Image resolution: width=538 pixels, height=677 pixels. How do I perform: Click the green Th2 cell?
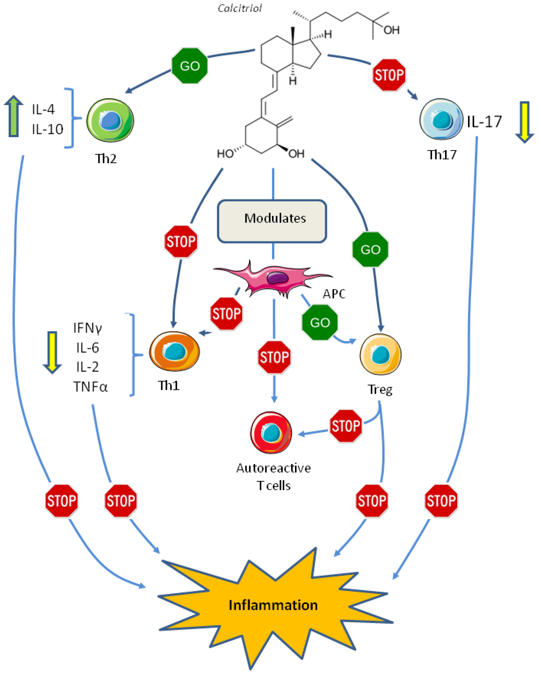pos(110,120)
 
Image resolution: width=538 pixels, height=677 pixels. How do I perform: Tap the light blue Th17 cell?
pos(441,119)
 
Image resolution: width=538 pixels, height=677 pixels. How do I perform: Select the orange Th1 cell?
pos(174,351)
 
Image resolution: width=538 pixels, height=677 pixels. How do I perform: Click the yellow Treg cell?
pos(380,354)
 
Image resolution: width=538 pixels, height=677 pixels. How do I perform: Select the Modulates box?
pos(272,221)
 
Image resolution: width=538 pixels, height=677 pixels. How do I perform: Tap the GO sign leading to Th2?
pos(190,66)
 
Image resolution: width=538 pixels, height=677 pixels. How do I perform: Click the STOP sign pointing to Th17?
pos(389,75)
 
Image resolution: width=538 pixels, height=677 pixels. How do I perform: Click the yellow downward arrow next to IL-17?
pos(524,122)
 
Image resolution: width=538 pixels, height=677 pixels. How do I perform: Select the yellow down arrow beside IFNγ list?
pos(52,352)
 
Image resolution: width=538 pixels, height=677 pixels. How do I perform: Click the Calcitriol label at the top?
pos(240,8)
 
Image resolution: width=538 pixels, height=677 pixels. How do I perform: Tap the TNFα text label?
pos(90,387)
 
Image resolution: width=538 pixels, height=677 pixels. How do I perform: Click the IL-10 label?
pos(47,129)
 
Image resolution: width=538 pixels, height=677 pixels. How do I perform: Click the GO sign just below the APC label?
pos(320,322)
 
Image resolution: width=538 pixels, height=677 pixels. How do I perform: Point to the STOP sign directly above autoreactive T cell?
pos(274,357)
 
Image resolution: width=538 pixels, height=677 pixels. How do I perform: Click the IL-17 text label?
pos(484,122)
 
